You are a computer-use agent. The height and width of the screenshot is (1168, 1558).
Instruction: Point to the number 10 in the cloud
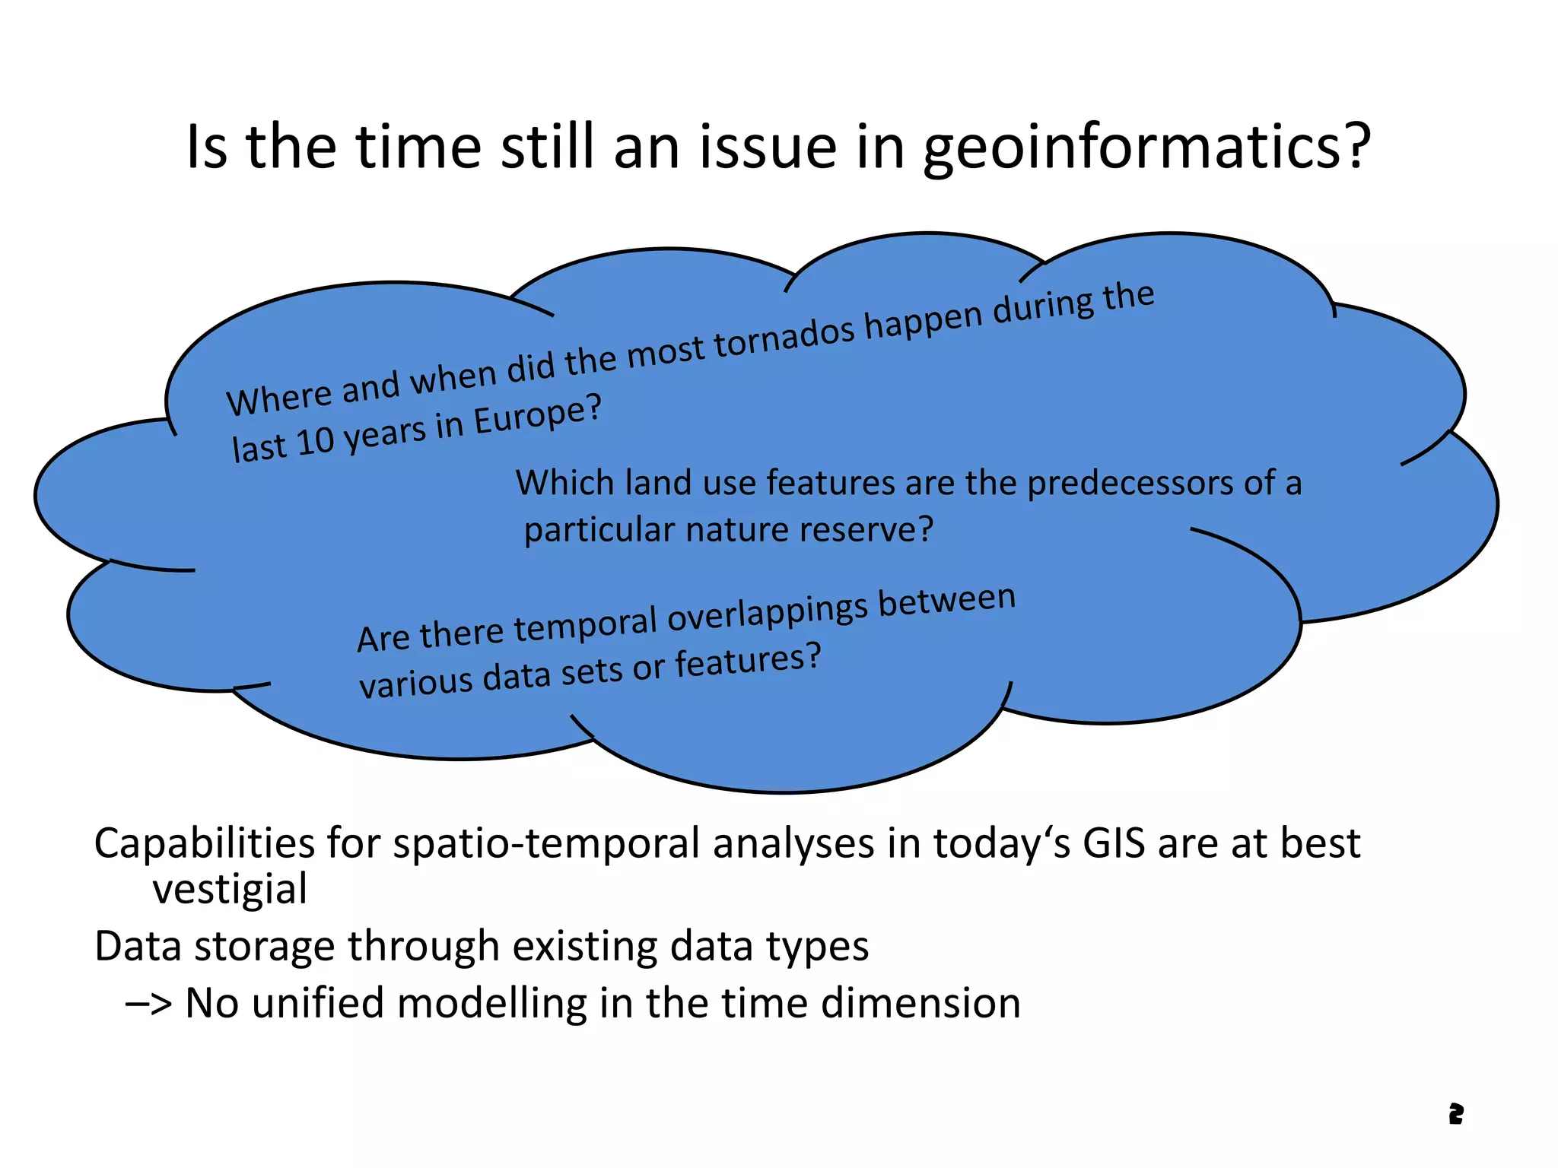(316, 441)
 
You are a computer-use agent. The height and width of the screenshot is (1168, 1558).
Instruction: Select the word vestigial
(230, 890)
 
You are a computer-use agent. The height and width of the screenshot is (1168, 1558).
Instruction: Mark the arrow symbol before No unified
(149, 1004)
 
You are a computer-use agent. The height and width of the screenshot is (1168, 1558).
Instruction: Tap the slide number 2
(1455, 1114)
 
